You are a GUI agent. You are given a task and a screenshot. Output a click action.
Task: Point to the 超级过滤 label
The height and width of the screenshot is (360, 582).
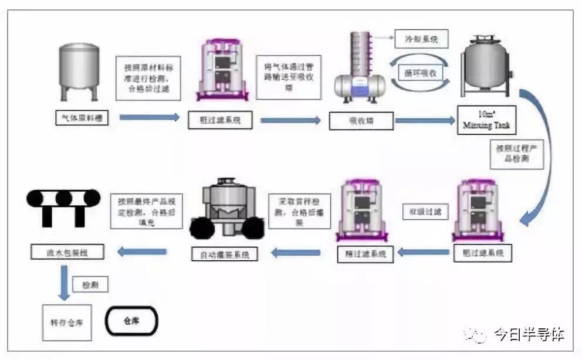(421, 210)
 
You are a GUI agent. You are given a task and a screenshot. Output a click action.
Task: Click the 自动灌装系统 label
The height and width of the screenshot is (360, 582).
(225, 254)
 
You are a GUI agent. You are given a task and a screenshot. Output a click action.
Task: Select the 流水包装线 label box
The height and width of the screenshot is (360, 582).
(67, 253)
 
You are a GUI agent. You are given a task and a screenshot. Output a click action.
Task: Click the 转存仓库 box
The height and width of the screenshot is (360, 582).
(67, 322)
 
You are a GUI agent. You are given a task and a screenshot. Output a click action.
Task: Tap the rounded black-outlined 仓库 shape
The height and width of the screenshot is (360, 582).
(132, 321)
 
